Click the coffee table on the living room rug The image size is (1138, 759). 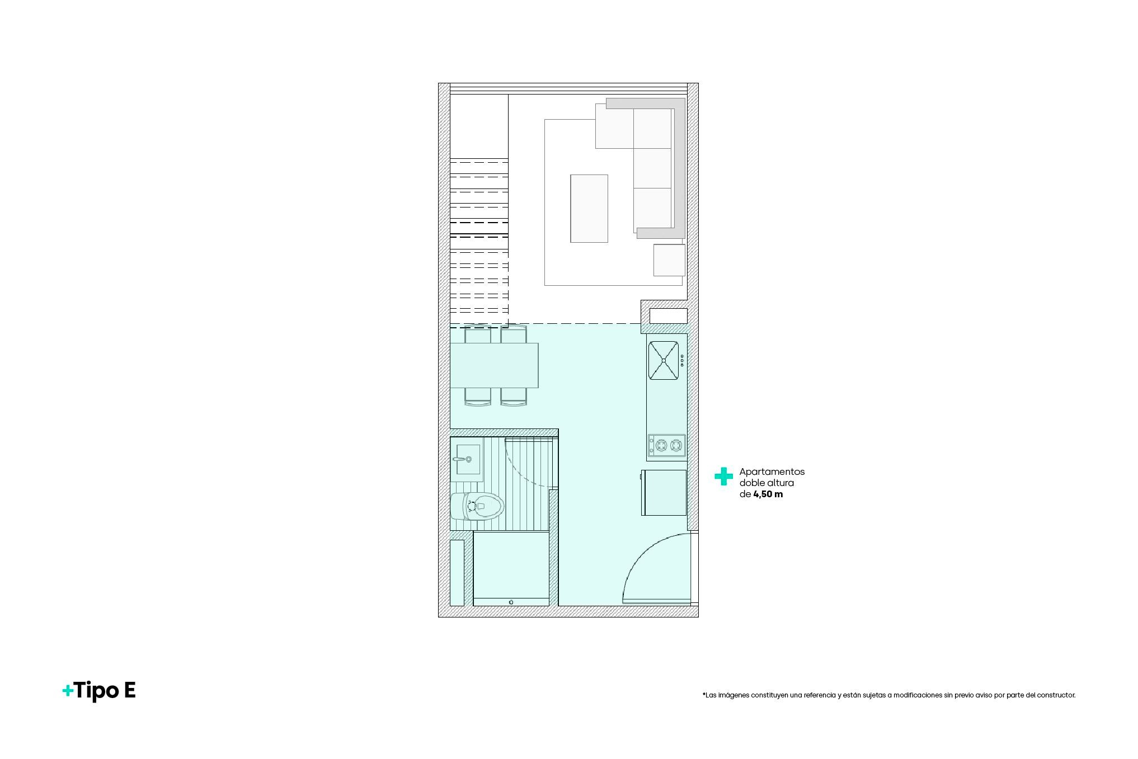[x=589, y=209]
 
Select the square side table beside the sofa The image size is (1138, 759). [x=669, y=260]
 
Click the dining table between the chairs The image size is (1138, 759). [x=494, y=365]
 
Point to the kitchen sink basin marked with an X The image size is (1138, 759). [x=664, y=361]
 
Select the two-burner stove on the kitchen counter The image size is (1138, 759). [x=667, y=445]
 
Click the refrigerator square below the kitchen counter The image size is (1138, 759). [x=664, y=493]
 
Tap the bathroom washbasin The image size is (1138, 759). [x=467, y=459]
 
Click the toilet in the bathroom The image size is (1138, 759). [x=477, y=507]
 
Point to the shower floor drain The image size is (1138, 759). [x=511, y=602]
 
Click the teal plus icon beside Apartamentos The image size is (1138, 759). [x=723, y=476]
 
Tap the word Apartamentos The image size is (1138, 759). [x=772, y=472]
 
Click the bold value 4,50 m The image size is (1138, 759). [x=768, y=494]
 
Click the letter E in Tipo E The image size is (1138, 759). [x=129, y=691]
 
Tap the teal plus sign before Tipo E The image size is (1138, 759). [x=68, y=691]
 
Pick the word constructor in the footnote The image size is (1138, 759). [x=1056, y=695]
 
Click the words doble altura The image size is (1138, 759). [x=766, y=483]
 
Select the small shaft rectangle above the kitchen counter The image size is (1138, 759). [x=668, y=316]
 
